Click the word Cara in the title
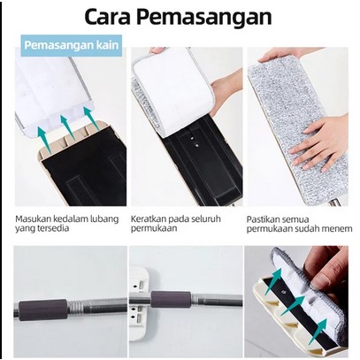pos(107,18)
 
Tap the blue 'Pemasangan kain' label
pos(71,45)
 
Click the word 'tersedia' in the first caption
pos(54,228)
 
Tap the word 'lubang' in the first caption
pos(105,219)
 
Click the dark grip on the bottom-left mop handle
pos(43,310)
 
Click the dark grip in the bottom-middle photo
pos(171,300)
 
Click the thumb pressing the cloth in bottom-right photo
pos(322,280)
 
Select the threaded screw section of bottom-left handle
pos(76,305)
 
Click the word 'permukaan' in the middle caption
pos(150,229)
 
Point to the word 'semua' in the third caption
pos(290,220)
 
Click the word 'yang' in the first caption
pos(26,229)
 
